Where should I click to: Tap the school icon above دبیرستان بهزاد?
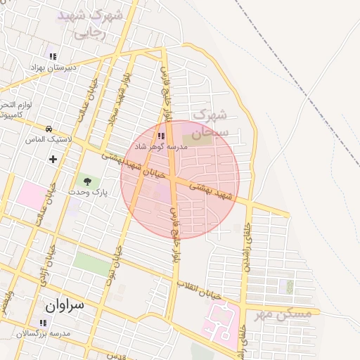[x=52, y=56]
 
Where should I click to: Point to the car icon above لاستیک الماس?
[x=49, y=129]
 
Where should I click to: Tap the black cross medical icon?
[x=53, y=159]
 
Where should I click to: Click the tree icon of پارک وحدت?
[x=87, y=182]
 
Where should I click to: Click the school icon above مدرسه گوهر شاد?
[x=161, y=136]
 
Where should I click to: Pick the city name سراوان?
[x=64, y=305]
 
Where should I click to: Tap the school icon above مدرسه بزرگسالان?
[x=44, y=323]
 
